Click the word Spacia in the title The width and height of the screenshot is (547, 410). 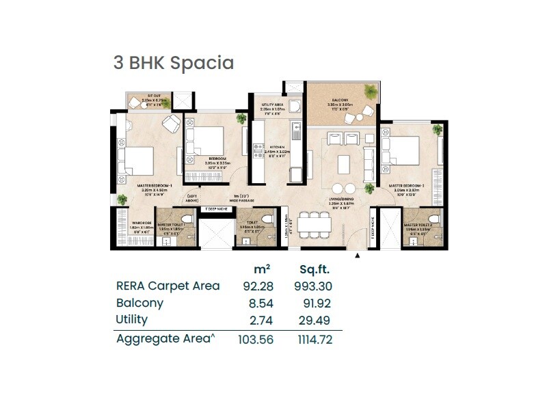(202, 63)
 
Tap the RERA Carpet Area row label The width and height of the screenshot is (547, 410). (168, 286)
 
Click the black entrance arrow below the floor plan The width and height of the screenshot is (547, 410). (357, 256)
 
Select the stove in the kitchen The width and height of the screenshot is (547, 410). (258, 150)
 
